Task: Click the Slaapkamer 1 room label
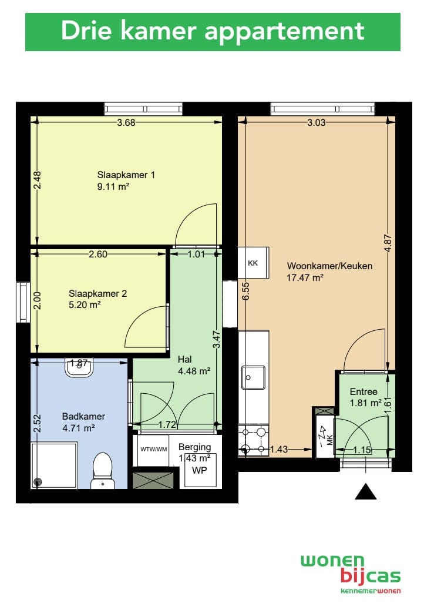pyautogui.click(x=126, y=175)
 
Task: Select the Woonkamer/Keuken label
pyautogui.click(x=330, y=266)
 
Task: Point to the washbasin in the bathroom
pyautogui.click(x=79, y=368)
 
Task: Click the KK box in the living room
pyautogui.click(x=253, y=263)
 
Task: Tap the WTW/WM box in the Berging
pyautogui.click(x=153, y=449)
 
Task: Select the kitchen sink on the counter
pyautogui.click(x=253, y=377)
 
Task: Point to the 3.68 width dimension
pyautogui.click(x=126, y=122)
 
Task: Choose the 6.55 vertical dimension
pyautogui.click(x=245, y=291)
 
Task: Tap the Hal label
pyautogui.click(x=184, y=359)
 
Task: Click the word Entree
pyautogui.click(x=364, y=391)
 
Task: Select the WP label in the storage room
pyautogui.click(x=199, y=470)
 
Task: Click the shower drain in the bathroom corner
pyautogui.click(x=37, y=482)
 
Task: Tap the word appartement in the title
pyautogui.click(x=284, y=31)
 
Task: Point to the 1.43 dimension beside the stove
pyautogui.click(x=279, y=449)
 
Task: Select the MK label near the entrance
pyautogui.click(x=329, y=440)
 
